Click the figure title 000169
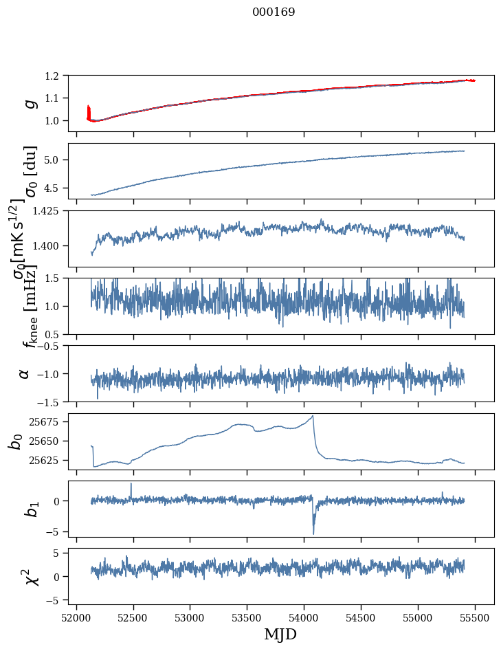coord(274,12)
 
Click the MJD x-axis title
coord(280,634)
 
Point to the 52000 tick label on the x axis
coord(76,617)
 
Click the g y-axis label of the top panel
coord(29,103)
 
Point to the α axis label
coord(25,373)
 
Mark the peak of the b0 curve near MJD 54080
coord(313,416)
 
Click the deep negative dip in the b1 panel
coord(313,533)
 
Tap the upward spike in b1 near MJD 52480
coord(131,484)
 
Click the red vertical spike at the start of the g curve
coord(89,110)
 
